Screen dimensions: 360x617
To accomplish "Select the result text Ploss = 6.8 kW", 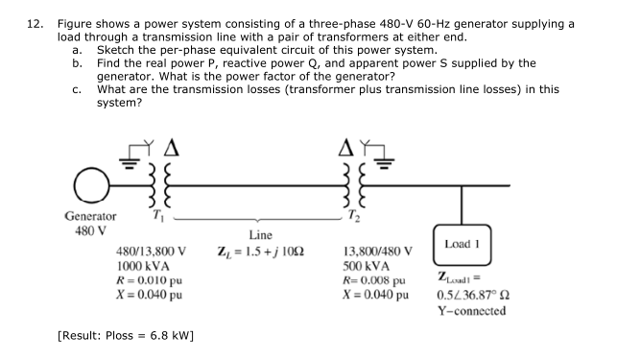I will (x=127, y=336).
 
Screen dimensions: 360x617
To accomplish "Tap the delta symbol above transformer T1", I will (x=174, y=147).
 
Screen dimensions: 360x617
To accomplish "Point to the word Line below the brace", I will (x=260, y=234).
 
